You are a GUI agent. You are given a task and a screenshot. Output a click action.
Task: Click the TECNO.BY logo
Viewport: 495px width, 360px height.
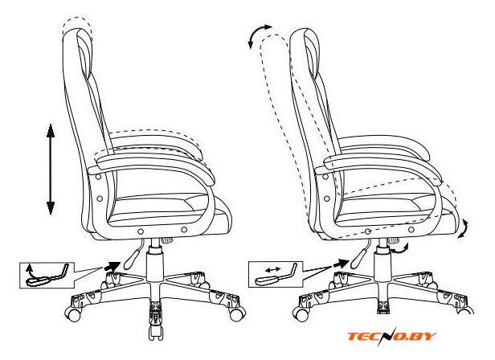392,337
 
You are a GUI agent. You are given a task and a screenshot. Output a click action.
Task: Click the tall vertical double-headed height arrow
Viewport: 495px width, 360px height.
51,170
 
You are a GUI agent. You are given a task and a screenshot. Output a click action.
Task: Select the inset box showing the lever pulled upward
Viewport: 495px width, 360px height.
47,275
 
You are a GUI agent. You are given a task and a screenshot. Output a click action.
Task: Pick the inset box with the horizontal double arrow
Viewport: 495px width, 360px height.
276,274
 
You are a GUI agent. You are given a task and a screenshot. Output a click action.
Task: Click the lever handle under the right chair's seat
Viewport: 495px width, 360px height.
359,256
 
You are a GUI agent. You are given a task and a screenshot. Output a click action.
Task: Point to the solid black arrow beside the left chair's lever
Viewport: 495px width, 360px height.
112,265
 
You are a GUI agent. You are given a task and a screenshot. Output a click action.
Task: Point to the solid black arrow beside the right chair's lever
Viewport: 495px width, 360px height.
341,263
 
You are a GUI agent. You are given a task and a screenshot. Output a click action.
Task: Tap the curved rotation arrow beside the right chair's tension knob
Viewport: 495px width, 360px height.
401,249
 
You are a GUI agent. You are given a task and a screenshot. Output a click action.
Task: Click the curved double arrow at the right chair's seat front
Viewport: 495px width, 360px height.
464,228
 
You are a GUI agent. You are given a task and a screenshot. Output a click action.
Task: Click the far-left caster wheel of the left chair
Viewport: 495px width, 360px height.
72,314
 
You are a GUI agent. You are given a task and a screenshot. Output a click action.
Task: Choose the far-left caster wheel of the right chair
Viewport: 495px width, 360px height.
301,313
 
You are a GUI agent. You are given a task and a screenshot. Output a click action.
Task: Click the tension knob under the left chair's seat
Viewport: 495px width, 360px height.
167,240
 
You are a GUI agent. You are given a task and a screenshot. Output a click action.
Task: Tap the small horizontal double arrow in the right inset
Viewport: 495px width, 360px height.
272,270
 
